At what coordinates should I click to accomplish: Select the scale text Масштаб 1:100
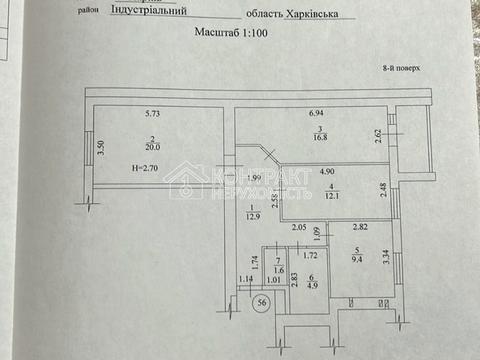(x=232, y=33)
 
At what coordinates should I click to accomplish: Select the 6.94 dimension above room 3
(x=319, y=115)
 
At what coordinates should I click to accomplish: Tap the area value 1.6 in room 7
(x=278, y=271)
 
